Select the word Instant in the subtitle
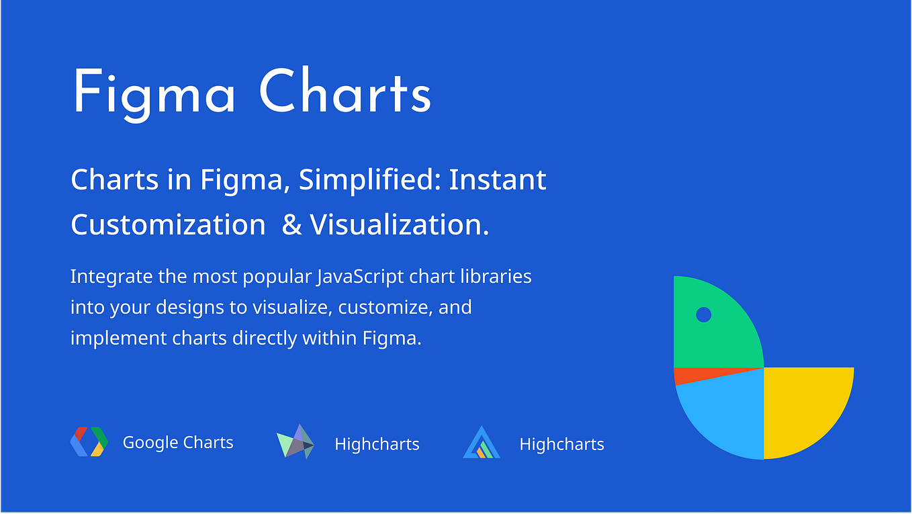(x=498, y=180)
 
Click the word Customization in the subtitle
(x=168, y=224)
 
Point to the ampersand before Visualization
(x=292, y=224)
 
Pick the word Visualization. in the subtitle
(x=399, y=224)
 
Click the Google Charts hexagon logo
(x=89, y=442)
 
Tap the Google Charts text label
(x=178, y=443)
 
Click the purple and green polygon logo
(x=295, y=442)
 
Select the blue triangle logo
(x=482, y=443)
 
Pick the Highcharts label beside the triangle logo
(x=561, y=444)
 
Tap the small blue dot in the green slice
(x=703, y=314)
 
